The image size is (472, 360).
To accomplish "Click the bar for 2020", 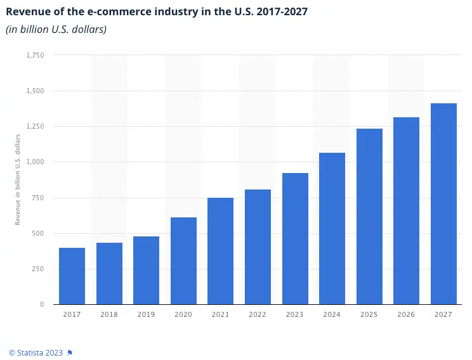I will (183, 260).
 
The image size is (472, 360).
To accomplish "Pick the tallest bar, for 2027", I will (443, 203).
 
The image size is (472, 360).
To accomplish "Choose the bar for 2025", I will (369, 216).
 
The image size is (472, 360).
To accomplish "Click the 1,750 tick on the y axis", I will (35, 55).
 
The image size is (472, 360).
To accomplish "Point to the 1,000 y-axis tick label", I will (35, 162).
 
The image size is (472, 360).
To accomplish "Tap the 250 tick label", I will (38, 269).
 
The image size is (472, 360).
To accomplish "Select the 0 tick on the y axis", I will (41, 304).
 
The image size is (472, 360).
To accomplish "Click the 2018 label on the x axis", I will (109, 314).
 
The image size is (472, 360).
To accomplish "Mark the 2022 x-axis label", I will (258, 314).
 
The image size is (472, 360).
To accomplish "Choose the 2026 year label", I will (406, 314).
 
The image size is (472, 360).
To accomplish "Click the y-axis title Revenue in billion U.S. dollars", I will (18, 179).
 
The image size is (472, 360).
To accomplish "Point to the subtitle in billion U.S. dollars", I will (56, 30).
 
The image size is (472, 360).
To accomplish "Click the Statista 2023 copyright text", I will (36, 352).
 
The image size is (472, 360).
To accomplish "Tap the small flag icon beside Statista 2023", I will (70, 352).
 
